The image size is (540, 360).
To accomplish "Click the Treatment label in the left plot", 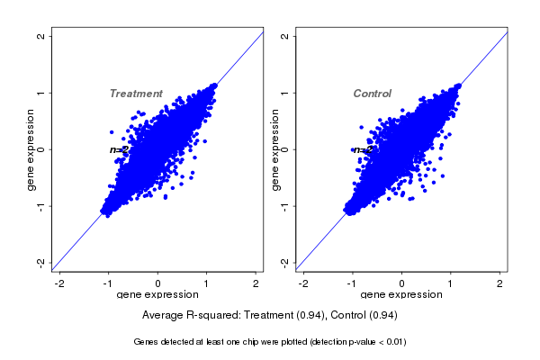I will (x=136, y=94).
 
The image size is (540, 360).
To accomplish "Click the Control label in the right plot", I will (x=372, y=94).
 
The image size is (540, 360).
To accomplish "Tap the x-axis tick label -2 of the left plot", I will (x=59, y=283).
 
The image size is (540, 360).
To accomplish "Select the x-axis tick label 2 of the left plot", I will (x=256, y=283).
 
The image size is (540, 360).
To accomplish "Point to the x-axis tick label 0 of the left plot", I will (x=158, y=283).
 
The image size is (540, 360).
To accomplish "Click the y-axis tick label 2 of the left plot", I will (x=41, y=36).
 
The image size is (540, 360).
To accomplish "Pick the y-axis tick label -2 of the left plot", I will (x=41, y=262).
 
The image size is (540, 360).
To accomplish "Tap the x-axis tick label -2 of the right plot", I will (x=303, y=283).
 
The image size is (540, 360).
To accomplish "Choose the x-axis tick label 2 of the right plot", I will (x=500, y=283).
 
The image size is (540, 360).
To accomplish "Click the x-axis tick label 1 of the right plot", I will (x=451, y=283).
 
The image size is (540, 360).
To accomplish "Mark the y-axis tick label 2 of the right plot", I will (x=284, y=36).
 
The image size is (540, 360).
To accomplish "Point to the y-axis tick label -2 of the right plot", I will (x=284, y=262).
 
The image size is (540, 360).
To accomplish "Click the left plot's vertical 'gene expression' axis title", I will (x=31, y=149).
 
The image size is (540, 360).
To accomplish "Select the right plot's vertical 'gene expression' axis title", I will (x=274, y=149).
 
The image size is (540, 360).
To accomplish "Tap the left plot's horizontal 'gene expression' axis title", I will (x=158, y=295).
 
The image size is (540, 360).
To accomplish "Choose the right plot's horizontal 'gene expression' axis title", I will (x=401, y=295).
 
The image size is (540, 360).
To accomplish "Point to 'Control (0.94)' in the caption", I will (x=362, y=316).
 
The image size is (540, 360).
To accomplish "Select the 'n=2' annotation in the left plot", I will (x=119, y=149).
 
